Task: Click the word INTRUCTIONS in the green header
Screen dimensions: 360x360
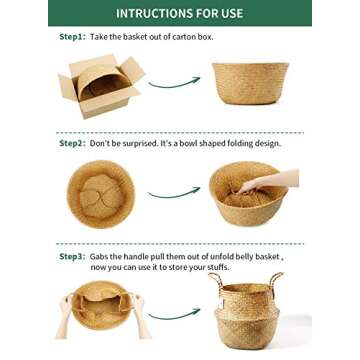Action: click(152, 13)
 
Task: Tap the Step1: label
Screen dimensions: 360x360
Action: click(73, 37)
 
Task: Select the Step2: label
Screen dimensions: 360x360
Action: click(73, 144)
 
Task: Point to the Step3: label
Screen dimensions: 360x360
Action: click(73, 257)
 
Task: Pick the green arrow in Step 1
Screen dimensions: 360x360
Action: click(174, 82)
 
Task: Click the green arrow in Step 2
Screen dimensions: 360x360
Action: click(174, 193)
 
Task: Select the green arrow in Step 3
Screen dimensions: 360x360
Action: click(174, 314)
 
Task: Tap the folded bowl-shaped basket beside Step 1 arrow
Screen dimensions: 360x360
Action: click(250, 83)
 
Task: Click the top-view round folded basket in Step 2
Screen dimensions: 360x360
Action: click(101, 194)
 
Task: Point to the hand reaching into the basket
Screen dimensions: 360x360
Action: click(269, 181)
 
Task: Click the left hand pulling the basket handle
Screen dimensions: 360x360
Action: click(65, 315)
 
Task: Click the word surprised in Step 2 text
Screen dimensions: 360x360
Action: click(141, 144)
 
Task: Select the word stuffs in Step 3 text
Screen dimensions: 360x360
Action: click(219, 267)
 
